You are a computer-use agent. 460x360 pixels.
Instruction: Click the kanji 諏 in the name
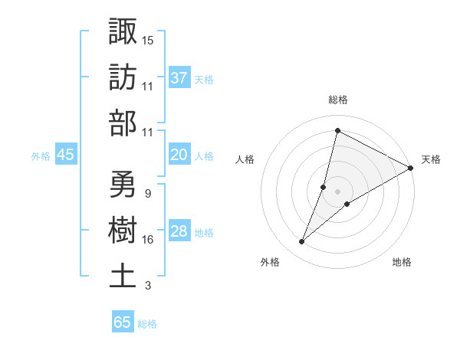click(123, 31)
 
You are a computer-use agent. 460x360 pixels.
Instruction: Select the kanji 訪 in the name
click(123, 77)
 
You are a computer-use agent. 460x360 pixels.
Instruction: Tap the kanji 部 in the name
click(123, 123)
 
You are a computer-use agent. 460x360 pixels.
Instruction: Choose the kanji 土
click(123, 275)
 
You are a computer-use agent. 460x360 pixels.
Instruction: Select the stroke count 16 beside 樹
click(148, 240)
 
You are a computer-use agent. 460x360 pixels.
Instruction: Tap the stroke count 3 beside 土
click(148, 286)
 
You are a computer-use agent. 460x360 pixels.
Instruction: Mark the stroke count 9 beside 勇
click(147, 194)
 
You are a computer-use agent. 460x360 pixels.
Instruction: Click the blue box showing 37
click(179, 77)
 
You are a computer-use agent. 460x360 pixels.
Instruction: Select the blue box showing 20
click(179, 155)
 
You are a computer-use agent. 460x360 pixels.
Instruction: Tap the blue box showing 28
click(179, 232)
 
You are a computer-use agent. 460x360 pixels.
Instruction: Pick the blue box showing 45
click(65, 155)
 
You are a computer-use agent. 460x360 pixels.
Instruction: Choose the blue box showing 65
click(123, 322)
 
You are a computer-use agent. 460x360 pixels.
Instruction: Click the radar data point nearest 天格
click(411, 169)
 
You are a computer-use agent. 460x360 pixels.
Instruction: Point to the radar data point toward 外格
click(302, 242)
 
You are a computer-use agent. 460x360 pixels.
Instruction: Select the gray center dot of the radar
click(337, 191)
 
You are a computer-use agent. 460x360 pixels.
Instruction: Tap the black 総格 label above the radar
click(338, 100)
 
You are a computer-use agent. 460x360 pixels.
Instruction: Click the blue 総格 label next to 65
click(147, 323)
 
